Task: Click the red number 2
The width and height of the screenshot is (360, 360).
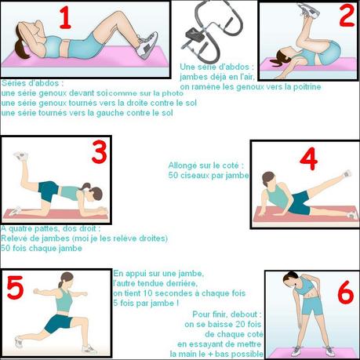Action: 346,16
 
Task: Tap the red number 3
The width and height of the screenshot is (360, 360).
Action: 99,152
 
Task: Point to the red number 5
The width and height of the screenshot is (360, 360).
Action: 15,288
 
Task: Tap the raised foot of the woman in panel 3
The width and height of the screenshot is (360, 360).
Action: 20,157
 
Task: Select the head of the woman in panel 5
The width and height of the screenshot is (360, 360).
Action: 66,279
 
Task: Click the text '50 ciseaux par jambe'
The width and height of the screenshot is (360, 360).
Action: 208,176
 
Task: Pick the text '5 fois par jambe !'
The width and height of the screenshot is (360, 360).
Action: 146,303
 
